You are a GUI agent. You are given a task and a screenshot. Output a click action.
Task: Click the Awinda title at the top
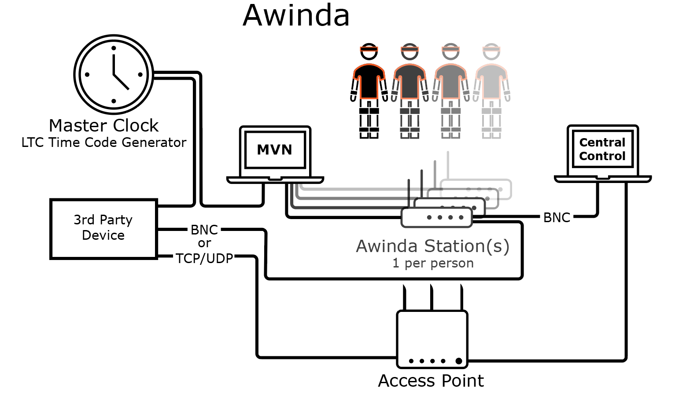coord(296,15)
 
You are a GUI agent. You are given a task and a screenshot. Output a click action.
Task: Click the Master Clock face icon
coord(114,75)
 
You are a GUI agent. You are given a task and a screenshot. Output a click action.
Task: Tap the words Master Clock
coord(103,126)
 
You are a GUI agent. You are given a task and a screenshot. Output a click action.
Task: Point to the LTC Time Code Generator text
coord(104,143)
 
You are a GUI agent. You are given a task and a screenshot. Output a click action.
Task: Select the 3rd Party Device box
coord(103,229)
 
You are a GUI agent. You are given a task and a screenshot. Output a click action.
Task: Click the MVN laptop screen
coord(275,150)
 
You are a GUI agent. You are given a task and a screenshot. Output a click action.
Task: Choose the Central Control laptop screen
coord(602,150)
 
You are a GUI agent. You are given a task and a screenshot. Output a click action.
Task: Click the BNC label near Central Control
coord(557,217)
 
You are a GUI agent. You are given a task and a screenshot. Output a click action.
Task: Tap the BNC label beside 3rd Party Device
coord(204,230)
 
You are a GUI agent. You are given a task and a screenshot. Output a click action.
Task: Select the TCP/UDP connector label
coord(204,258)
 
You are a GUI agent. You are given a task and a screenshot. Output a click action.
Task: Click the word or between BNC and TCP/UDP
coord(204,243)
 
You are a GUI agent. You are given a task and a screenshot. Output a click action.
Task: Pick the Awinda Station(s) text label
coord(432,246)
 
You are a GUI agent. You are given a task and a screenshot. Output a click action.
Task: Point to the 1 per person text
coord(433,263)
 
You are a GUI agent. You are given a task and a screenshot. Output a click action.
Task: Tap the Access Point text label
coord(431,381)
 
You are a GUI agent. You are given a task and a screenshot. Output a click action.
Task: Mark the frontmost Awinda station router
coord(436,217)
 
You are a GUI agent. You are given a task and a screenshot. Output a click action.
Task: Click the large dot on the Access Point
coord(459,361)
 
